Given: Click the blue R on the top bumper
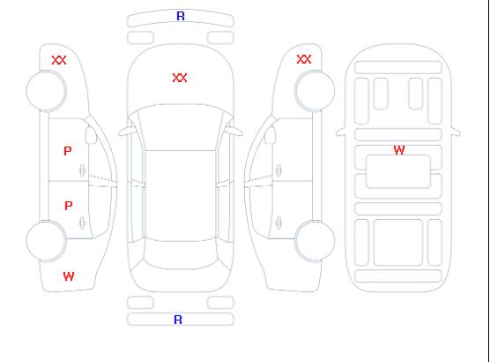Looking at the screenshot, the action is coord(181,16).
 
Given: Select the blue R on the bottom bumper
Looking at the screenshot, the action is coord(178,320).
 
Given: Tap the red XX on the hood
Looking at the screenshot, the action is coord(180,78).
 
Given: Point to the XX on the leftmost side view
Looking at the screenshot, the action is coord(59,60).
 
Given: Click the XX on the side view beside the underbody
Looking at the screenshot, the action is coord(304,59).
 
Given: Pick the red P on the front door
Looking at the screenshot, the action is coord(68,151).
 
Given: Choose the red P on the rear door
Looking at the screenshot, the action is coord(69,206).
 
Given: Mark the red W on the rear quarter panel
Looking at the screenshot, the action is coord(69,276).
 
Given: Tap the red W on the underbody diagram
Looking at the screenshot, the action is coord(399,150).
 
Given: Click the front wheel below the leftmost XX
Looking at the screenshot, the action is coord(46,91).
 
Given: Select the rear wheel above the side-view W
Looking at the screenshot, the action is coord(46,241).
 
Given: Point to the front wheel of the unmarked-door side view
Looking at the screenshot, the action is coord(315,91).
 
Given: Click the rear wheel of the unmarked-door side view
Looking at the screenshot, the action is coord(315,240).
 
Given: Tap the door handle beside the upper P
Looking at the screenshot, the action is coord(83,170).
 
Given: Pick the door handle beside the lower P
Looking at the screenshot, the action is coord(83,222).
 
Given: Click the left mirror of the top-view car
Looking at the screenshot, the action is coord(127,132).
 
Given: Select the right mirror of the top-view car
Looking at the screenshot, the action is coord(234,132).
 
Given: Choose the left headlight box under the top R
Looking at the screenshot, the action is coord(140,38).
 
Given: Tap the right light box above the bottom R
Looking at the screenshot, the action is coord(220,303).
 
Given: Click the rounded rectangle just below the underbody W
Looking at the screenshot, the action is coord(398,171).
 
